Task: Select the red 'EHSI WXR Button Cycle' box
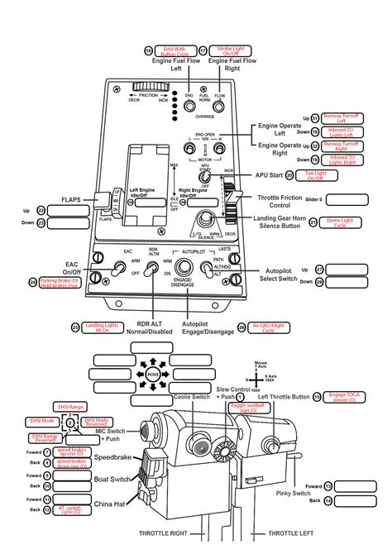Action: click(x=174, y=50)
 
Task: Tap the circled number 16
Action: click(x=149, y=50)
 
